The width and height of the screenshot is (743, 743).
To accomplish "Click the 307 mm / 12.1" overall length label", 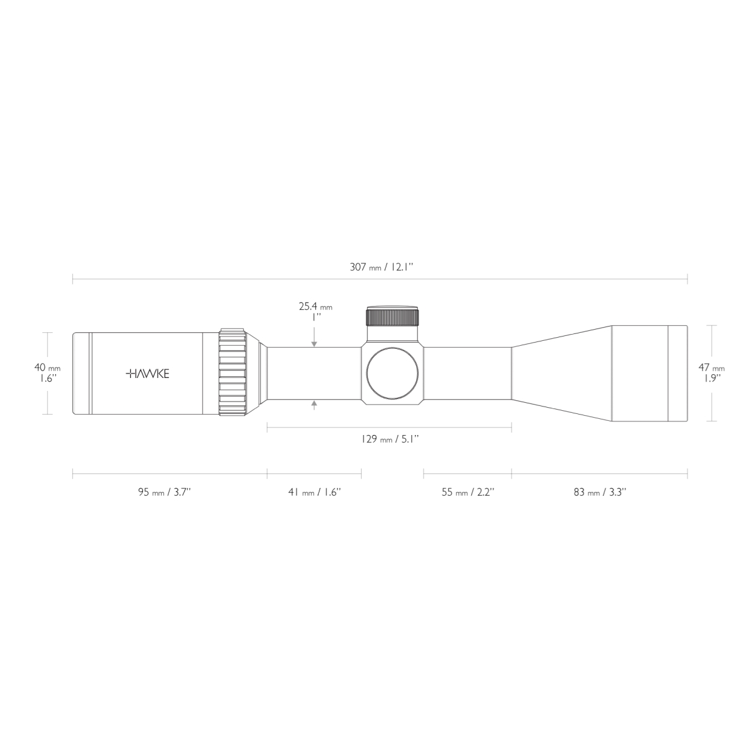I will [x=381, y=268].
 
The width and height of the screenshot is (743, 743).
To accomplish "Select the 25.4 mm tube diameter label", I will [x=315, y=306].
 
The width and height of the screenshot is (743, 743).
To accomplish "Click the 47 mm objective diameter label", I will [x=713, y=367].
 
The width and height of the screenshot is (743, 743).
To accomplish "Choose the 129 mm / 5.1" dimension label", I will [x=390, y=439].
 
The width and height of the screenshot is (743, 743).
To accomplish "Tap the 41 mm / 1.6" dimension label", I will [x=315, y=492].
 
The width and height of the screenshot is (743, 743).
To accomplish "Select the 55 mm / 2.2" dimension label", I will [x=467, y=492].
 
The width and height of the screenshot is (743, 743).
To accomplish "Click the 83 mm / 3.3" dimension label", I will [x=599, y=492].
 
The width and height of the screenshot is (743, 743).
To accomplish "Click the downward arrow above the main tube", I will [x=315, y=342].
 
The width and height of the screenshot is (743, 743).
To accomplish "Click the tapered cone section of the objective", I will [x=560, y=373].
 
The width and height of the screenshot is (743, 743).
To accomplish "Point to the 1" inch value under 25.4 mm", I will [x=316, y=316].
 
